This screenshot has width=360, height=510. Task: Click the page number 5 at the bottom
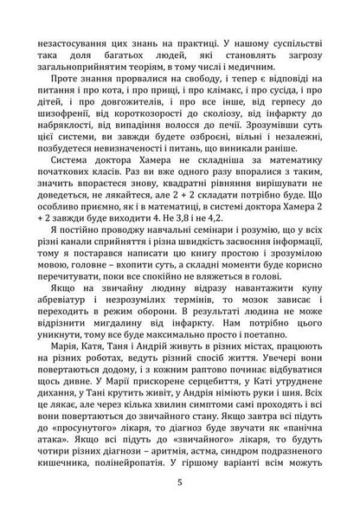point(179,483)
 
